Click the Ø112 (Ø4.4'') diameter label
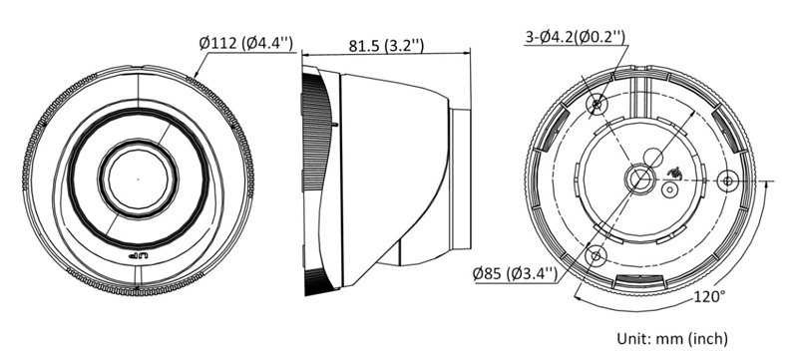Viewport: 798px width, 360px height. [245, 43]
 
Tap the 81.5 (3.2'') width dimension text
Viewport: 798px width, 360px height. [386, 45]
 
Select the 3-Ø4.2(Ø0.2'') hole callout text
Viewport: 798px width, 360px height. [576, 37]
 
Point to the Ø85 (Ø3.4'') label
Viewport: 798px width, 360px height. [515, 274]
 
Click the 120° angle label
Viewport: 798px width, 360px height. [709, 296]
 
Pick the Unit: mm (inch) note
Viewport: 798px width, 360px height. [672, 338]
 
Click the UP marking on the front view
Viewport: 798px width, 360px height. [137, 256]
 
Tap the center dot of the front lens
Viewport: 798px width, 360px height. [138, 179]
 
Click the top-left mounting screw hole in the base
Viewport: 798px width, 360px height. [597, 106]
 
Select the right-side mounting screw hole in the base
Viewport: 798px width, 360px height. [728, 180]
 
